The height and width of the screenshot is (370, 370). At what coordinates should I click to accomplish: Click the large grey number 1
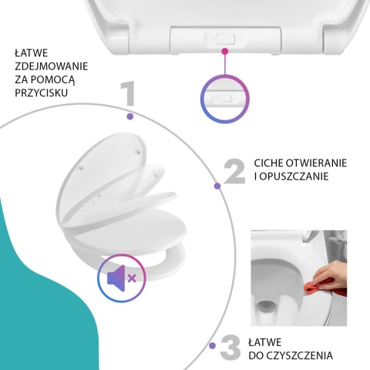(x=128, y=95)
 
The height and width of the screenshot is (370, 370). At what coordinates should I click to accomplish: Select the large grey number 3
(x=230, y=347)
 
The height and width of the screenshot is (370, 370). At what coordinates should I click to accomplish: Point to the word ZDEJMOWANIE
(x=51, y=66)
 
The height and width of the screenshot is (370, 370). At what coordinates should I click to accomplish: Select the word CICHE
(x=271, y=163)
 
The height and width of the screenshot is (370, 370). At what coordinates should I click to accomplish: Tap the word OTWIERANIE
(x=325, y=163)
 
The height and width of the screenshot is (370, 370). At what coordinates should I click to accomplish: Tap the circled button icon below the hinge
(x=225, y=99)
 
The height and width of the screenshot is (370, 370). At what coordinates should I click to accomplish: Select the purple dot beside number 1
(x=129, y=116)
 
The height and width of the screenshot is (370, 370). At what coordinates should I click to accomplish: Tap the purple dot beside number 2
(x=217, y=185)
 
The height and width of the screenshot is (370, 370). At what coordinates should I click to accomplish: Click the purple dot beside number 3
(x=211, y=347)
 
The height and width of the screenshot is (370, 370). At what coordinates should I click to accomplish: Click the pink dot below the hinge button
(x=225, y=52)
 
